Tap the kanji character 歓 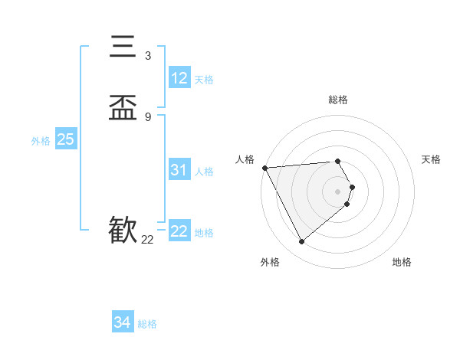(x=123, y=229)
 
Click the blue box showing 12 (x=179, y=78)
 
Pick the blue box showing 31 (x=179, y=170)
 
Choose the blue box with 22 (x=179, y=231)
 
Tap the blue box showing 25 (x=65, y=139)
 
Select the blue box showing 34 (x=123, y=322)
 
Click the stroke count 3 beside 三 (x=147, y=56)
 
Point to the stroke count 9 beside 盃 (x=147, y=117)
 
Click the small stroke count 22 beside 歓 (x=147, y=240)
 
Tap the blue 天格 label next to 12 (x=204, y=80)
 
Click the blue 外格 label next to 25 (x=41, y=141)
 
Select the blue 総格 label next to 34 (x=147, y=324)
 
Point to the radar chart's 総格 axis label (x=337, y=100)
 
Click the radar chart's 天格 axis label (x=431, y=159)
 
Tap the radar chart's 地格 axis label (x=402, y=262)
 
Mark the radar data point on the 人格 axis (x=264, y=168)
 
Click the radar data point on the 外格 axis (x=301, y=242)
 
